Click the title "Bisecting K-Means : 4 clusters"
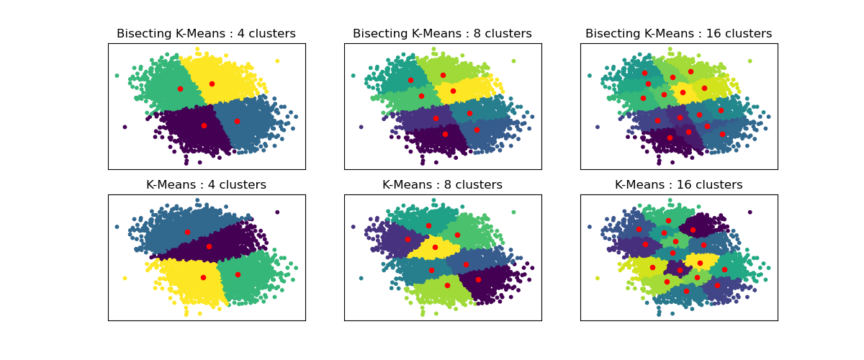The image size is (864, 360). (x=206, y=34)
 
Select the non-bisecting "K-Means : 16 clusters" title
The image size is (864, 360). (x=678, y=185)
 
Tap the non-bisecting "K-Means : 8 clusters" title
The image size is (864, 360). (x=442, y=185)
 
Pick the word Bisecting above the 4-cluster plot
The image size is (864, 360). (x=145, y=34)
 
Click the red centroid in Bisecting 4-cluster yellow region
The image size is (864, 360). (x=212, y=84)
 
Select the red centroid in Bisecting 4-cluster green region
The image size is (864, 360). (x=180, y=89)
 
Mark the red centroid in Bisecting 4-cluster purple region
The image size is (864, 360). (x=204, y=125)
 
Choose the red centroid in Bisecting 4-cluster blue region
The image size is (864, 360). (x=237, y=121)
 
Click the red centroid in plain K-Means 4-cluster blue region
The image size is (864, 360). (x=187, y=232)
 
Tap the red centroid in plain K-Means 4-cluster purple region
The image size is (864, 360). (x=209, y=246)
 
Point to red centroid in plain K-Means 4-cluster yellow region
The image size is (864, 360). (x=203, y=277)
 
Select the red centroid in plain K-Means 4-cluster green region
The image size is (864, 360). (x=238, y=274)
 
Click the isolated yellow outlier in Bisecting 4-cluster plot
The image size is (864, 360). (x=277, y=60)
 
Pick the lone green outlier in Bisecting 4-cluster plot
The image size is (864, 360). (x=117, y=75)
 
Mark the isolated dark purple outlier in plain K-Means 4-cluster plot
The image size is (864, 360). (x=277, y=212)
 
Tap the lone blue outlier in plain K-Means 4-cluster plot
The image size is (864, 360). (x=117, y=226)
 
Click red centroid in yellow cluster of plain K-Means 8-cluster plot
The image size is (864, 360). (x=435, y=247)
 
